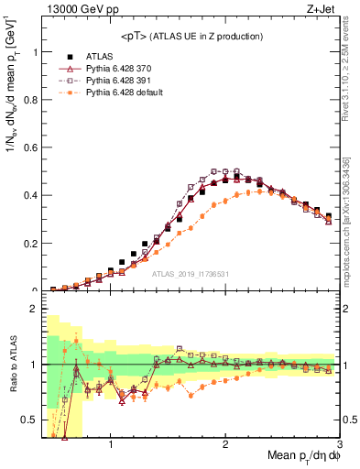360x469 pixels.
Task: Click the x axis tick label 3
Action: [339, 445]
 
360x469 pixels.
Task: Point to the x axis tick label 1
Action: [111, 445]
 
